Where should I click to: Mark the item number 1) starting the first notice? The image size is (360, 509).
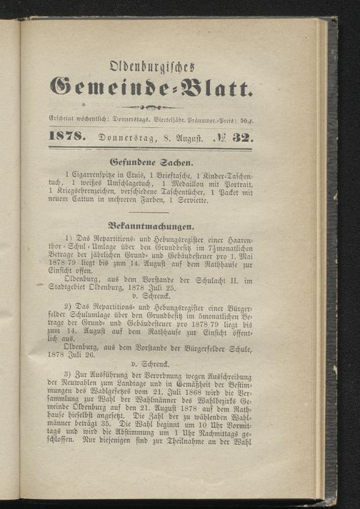[69, 236]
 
